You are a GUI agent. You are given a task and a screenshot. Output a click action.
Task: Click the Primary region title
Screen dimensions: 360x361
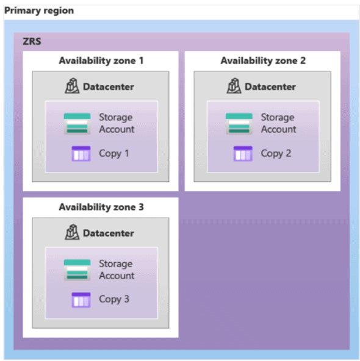(39, 11)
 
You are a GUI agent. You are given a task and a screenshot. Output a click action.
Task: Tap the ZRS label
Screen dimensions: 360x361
(32, 41)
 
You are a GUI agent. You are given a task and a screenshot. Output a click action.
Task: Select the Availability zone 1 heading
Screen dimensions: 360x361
(101, 61)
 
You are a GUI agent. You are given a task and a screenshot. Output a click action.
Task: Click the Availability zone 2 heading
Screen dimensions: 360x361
(263, 61)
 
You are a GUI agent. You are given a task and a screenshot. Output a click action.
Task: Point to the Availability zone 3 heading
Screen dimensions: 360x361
(101, 207)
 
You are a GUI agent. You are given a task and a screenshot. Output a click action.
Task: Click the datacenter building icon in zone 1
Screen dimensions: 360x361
(72, 86)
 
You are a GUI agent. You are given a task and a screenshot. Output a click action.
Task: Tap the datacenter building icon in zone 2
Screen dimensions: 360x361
(234, 86)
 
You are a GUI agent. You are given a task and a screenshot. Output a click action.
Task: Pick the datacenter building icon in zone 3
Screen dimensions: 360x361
(72, 232)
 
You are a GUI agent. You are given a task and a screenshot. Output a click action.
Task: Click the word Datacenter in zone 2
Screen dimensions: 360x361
(270, 87)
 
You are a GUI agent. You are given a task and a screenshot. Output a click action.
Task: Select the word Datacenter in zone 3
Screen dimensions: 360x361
(109, 233)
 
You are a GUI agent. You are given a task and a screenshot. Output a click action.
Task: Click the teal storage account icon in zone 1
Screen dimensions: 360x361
(77, 124)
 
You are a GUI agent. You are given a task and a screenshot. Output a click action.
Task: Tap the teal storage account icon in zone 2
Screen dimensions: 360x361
(239, 124)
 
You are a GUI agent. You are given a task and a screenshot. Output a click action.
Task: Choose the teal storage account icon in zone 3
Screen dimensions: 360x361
(77, 270)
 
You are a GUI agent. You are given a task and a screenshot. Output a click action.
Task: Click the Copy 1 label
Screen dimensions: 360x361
(113, 154)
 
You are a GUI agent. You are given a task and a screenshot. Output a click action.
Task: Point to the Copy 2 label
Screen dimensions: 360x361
(276, 154)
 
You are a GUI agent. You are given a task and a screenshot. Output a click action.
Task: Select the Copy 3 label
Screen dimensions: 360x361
(114, 299)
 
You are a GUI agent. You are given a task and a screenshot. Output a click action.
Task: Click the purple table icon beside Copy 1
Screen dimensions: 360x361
(81, 154)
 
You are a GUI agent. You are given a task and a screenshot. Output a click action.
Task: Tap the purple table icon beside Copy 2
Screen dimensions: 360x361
(243, 154)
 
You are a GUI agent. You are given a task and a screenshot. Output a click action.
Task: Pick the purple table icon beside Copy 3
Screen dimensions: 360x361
(81, 300)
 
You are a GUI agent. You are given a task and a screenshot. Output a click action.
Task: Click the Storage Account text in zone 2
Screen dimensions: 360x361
(278, 123)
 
